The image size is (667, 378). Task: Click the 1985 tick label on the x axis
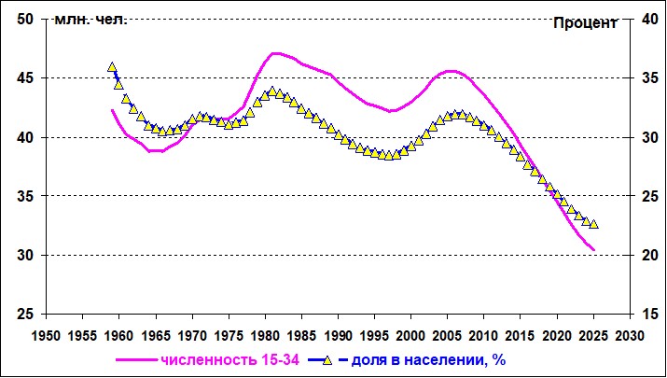(x=301, y=336)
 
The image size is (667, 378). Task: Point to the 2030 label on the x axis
(x=630, y=336)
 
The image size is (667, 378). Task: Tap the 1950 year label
(x=46, y=336)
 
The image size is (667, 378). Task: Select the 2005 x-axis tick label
(x=448, y=336)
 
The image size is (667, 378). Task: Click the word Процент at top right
(x=585, y=24)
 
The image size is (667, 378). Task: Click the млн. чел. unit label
(x=90, y=20)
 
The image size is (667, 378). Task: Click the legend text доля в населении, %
(x=428, y=360)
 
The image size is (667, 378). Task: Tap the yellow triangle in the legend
(x=327, y=360)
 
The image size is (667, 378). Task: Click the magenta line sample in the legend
(x=136, y=360)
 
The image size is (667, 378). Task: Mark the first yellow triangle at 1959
(x=112, y=67)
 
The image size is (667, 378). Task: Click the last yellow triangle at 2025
(x=594, y=224)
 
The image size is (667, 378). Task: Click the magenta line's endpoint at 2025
(x=594, y=250)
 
